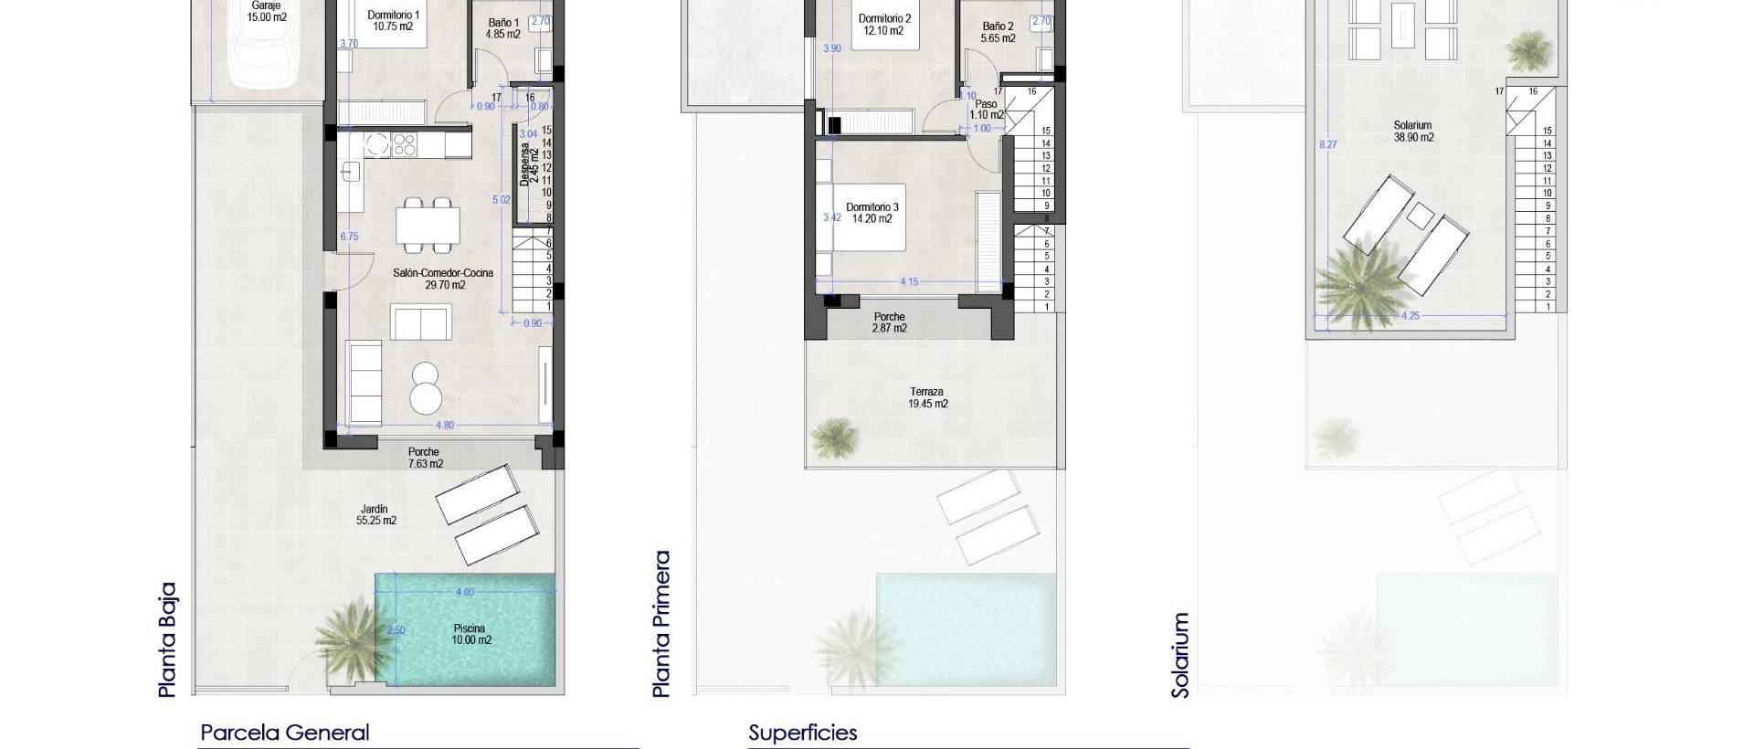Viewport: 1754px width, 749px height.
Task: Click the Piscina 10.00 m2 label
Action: pos(470,634)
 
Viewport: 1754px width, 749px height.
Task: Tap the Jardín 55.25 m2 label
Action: pos(375,515)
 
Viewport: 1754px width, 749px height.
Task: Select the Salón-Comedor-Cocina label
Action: pos(444,279)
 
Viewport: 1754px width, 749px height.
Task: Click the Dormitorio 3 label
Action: pos(872,213)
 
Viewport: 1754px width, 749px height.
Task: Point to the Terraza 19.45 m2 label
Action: pos(927,397)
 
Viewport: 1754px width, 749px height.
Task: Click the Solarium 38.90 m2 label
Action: pos(1412,132)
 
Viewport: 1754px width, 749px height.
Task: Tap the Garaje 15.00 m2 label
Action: pos(266,11)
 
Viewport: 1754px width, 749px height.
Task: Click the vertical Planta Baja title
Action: pos(168,640)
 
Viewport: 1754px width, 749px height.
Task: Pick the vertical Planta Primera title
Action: pos(661,624)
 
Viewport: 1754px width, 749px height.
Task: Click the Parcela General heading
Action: pos(285,733)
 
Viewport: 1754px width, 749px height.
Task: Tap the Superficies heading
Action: pos(802,733)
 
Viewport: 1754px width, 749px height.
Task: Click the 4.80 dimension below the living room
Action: pos(444,426)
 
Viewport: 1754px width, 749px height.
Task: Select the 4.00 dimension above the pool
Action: pos(464,592)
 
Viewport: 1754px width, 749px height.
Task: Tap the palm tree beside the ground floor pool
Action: pos(346,634)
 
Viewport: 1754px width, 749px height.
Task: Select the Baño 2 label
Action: pos(998,32)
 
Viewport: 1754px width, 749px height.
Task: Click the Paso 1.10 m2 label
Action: pos(986,110)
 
